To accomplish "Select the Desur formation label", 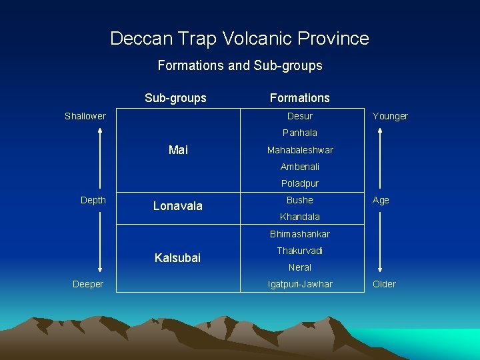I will tap(300, 116).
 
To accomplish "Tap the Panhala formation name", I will tap(300, 133).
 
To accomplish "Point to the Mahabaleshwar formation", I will tap(300, 150).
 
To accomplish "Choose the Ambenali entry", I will tap(300, 167).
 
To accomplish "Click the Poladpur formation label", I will tap(300, 183).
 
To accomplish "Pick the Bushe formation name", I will tap(300, 200).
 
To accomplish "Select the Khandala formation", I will tap(300, 217).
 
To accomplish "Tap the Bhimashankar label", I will tap(300, 234).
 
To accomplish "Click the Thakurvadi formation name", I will tap(300, 251).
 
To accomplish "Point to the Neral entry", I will tap(300, 267).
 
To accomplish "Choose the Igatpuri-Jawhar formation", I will tap(300, 284).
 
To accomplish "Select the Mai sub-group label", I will tap(178, 150).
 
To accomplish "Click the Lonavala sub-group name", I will tap(178, 206).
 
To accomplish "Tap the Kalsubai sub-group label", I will tap(177, 257).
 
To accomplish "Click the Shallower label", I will tap(85, 116).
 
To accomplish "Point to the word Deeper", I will tap(88, 284).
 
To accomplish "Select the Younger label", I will tap(390, 116).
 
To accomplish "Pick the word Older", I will tap(384, 284).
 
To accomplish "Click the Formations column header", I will tap(300, 98).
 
